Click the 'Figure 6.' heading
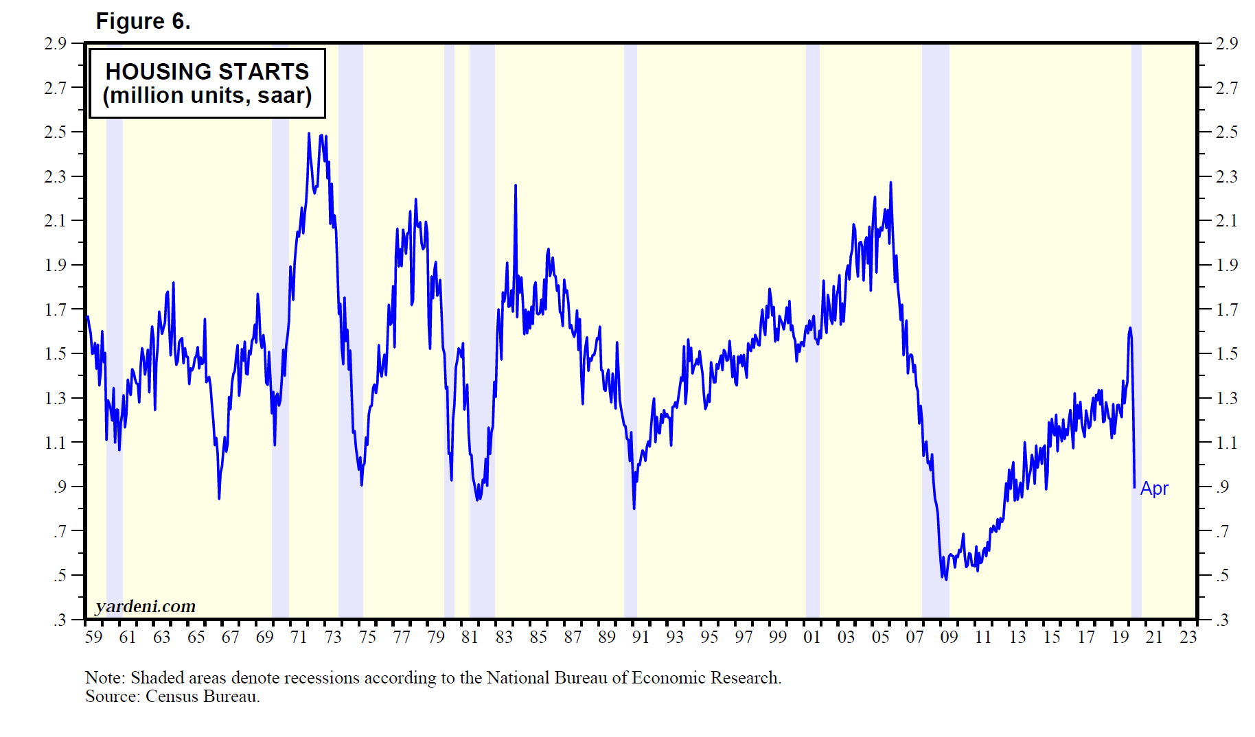click(143, 21)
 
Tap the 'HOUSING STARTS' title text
click(207, 71)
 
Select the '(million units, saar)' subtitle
click(207, 95)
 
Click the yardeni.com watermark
click(146, 606)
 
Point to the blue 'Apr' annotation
click(1154, 489)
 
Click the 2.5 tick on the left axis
click(56, 132)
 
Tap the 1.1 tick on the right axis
click(1226, 443)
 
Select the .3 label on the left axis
click(60, 620)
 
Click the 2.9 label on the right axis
click(1226, 43)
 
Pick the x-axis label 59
click(93, 637)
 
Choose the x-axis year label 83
click(504, 637)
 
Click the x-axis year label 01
click(811, 637)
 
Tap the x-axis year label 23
click(1188, 637)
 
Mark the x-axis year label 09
click(949, 637)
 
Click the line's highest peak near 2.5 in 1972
click(309, 134)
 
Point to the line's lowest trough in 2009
click(946, 579)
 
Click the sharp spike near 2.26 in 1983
click(516, 185)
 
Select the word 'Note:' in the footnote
click(105, 678)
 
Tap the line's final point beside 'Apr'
click(1134, 487)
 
